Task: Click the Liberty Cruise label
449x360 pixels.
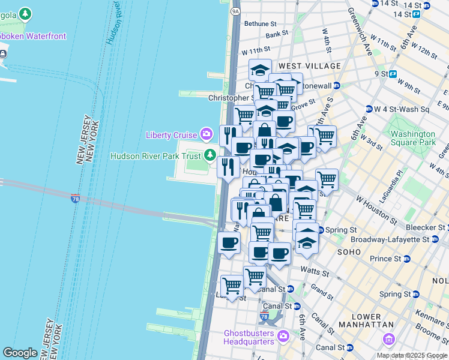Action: pyautogui.click(x=171, y=135)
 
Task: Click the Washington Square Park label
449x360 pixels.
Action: pyautogui.click(x=413, y=138)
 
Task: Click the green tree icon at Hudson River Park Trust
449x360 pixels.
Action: pyautogui.click(x=209, y=156)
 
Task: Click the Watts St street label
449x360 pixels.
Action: pyautogui.click(x=315, y=272)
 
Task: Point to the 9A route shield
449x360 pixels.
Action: pyautogui.click(x=235, y=10)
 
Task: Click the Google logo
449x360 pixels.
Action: pyautogui.click(x=20, y=353)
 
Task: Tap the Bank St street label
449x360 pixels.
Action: pyautogui.click(x=277, y=35)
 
